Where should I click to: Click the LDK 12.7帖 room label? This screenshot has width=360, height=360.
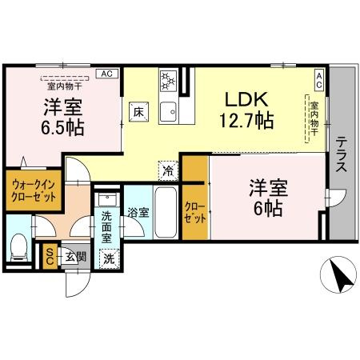(248, 110)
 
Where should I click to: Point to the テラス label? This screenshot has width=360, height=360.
(342, 157)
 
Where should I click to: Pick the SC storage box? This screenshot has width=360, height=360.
(50, 255)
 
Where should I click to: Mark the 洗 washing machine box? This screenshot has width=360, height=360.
(109, 258)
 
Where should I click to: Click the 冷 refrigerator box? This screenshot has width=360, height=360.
(168, 169)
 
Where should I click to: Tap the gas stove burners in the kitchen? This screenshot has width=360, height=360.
(168, 81)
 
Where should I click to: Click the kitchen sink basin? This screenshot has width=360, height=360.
(169, 110)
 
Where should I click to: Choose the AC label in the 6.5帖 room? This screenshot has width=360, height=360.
(106, 73)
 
